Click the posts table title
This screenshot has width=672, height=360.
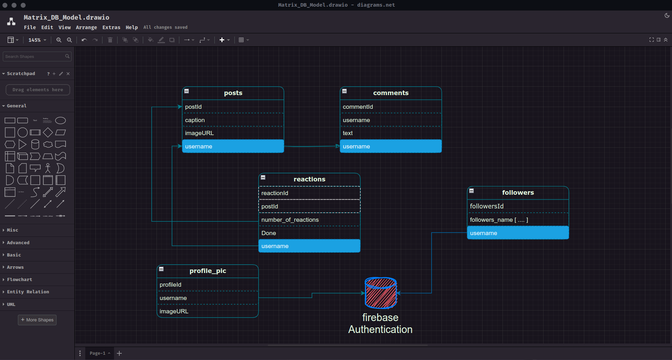point(233,93)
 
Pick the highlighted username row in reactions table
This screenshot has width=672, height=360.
point(309,246)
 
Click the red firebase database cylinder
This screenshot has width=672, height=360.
point(381,293)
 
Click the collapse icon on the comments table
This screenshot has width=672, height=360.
point(345,91)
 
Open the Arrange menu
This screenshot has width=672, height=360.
point(86,27)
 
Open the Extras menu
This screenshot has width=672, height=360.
point(111,27)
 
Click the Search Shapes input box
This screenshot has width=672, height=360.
point(34,56)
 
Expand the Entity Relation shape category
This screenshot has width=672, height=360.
point(28,292)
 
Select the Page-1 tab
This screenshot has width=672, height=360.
point(98,353)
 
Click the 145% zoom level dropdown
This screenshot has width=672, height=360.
point(37,40)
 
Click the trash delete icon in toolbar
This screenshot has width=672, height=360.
point(110,40)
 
